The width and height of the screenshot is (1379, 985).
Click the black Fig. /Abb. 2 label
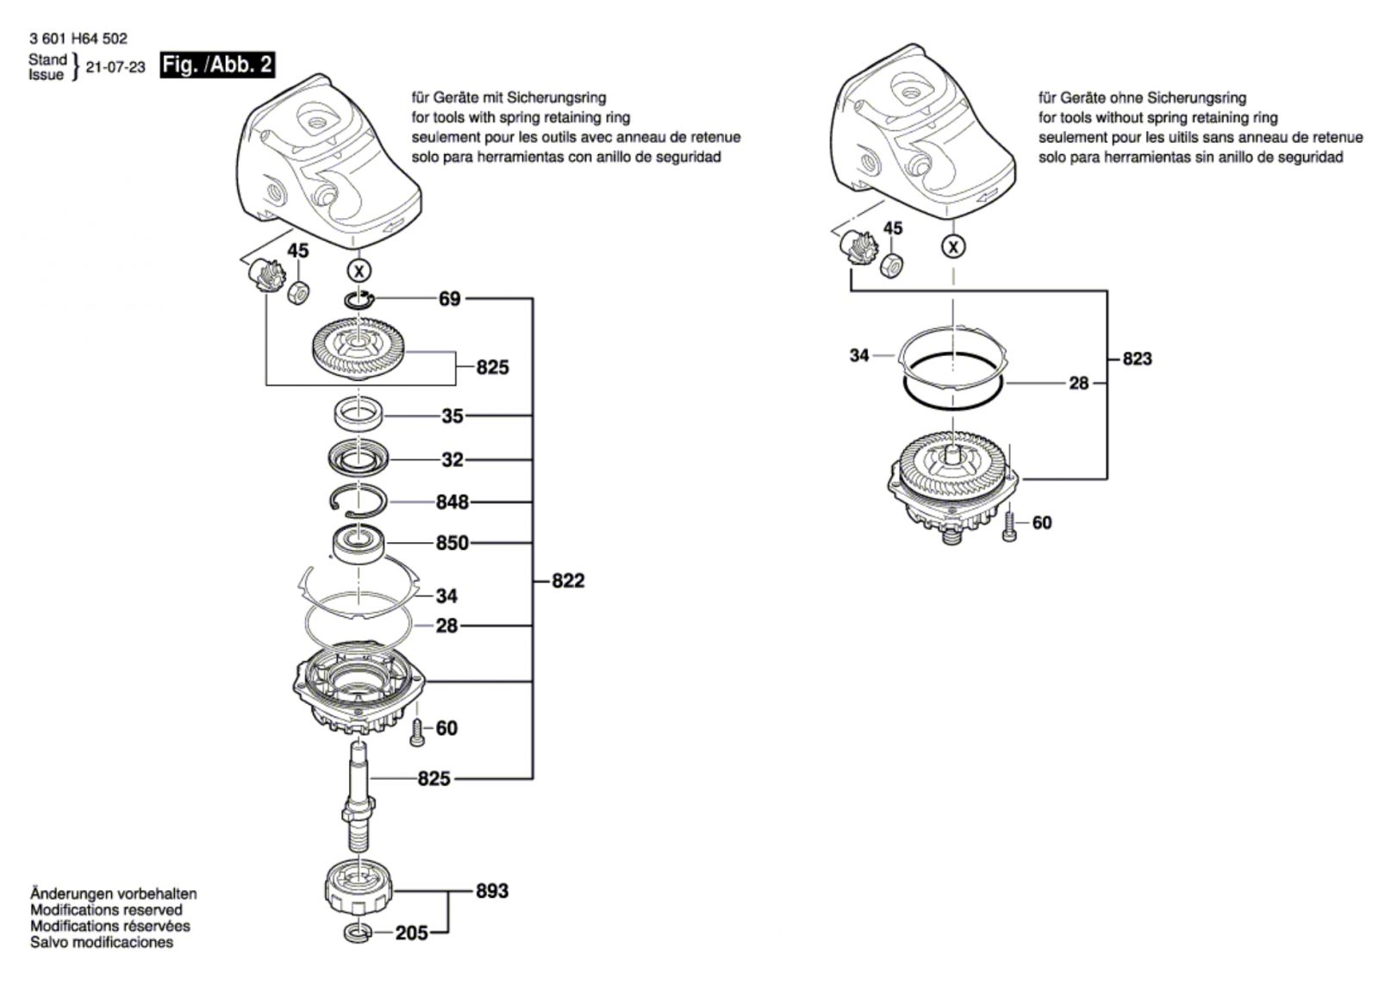point(217,65)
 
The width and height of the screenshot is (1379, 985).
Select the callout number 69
point(449,299)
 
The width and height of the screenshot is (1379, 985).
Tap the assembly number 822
point(568,581)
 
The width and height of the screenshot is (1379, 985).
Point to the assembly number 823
point(1137,358)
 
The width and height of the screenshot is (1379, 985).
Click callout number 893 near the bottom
point(492,891)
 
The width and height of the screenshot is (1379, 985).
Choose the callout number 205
point(411,933)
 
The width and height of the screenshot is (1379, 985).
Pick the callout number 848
point(452,502)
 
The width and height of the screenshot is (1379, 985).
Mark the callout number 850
point(452,543)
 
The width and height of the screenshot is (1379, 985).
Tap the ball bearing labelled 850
point(359,545)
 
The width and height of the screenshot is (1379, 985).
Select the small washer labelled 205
point(359,933)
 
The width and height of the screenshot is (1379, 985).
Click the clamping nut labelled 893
point(359,888)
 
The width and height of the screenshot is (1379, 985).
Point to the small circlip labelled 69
point(359,299)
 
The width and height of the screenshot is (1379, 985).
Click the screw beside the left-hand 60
point(417,733)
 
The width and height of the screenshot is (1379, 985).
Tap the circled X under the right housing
point(953,247)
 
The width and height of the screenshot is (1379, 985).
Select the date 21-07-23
point(115,67)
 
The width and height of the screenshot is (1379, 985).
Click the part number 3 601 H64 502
point(78,39)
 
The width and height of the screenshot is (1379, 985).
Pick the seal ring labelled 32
point(359,459)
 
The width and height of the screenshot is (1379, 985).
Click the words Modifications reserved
point(107,910)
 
